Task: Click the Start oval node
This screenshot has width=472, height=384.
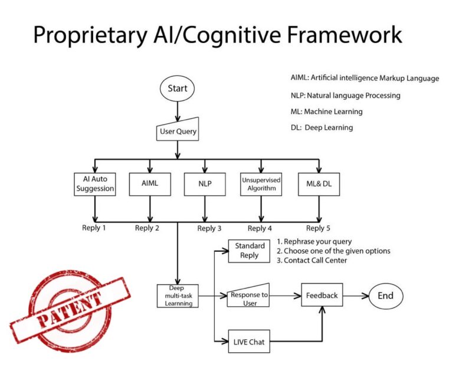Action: click(x=177, y=88)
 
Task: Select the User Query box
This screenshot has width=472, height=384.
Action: click(x=177, y=131)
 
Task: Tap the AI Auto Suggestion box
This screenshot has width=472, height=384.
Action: click(x=94, y=183)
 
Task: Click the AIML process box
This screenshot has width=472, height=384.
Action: click(x=150, y=183)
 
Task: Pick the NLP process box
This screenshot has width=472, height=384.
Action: click(x=205, y=183)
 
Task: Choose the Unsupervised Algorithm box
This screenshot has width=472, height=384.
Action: click(x=260, y=183)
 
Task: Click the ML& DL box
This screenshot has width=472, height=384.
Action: click(x=319, y=183)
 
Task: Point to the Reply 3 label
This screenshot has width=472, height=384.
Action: click(x=210, y=228)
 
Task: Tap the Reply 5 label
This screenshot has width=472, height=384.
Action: click(x=319, y=228)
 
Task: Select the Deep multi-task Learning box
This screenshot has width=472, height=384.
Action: click(x=177, y=296)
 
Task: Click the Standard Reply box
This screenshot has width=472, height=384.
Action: click(x=250, y=251)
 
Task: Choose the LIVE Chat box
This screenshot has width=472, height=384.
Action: click(x=249, y=342)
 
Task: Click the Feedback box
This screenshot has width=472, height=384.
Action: click(x=322, y=295)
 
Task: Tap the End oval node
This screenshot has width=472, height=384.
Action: click(x=385, y=296)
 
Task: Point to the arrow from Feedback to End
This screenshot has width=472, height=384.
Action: click(x=356, y=296)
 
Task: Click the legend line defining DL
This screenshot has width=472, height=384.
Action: click(x=322, y=127)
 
